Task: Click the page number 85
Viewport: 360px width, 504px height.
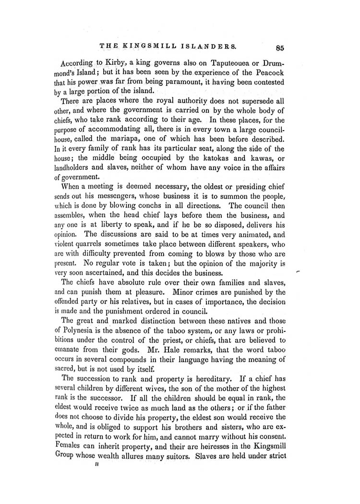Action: [x=281, y=47]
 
